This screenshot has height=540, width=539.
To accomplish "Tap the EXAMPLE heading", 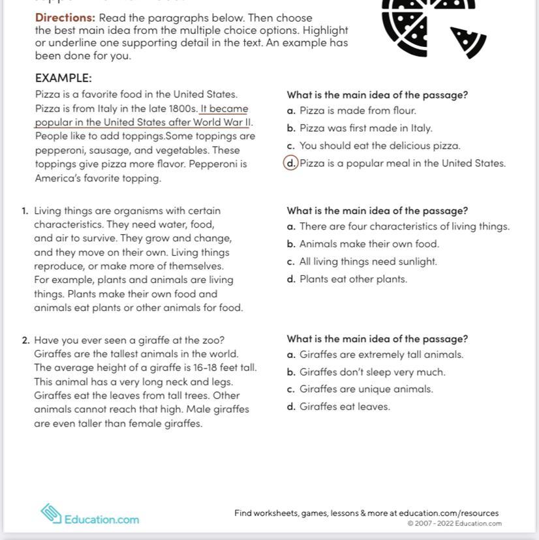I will tap(63, 78).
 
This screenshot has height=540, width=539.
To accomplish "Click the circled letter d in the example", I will tap(290, 163).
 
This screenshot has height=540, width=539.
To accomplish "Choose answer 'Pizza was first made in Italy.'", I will tap(365, 128).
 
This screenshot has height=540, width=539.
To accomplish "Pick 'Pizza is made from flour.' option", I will tap(358, 111).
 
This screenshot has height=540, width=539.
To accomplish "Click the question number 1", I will tap(24, 211).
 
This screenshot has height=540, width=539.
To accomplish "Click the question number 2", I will tap(25, 340).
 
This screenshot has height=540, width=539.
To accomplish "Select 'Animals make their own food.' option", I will tap(369, 244).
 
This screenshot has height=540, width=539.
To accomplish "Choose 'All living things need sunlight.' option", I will tap(368, 262).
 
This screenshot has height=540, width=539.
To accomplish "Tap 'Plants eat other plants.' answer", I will tap(353, 279).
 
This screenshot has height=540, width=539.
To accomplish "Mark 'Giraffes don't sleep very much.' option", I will tap(372, 372).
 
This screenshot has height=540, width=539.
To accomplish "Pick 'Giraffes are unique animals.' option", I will tap(366, 389).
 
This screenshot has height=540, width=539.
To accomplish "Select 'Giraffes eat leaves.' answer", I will tap(345, 407).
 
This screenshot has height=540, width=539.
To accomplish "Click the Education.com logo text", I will tap(101, 520).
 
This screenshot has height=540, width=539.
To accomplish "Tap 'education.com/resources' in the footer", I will tap(449, 513).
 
